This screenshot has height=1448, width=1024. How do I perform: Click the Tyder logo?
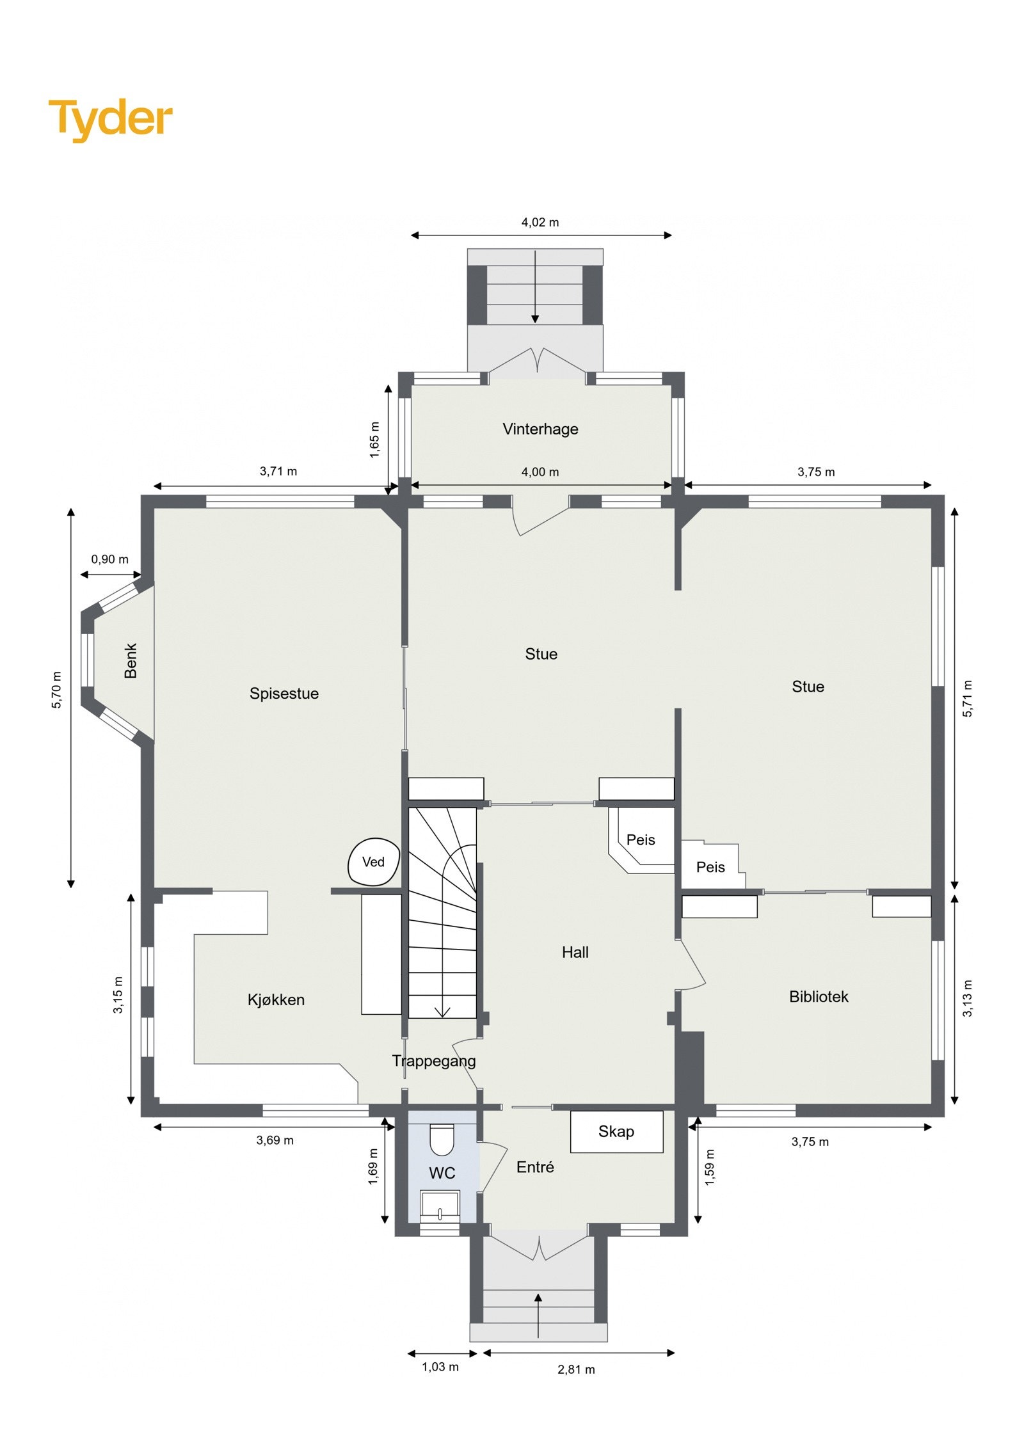[110, 119]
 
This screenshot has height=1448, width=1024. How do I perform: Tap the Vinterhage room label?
[540, 429]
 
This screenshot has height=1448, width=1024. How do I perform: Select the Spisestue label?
[284, 694]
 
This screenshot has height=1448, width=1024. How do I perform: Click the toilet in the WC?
[441, 1140]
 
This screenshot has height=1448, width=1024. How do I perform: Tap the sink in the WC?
[440, 1205]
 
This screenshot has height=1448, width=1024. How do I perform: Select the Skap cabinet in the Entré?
[616, 1132]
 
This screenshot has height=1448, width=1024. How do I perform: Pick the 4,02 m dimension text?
[540, 223]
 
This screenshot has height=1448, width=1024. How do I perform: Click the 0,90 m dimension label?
[109, 559]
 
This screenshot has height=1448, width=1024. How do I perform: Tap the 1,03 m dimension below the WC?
[440, 1367]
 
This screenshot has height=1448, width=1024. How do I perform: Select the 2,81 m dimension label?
[575, 1369]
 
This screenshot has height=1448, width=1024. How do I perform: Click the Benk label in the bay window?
[131, 661]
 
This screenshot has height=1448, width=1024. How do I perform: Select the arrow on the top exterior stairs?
[535, 288]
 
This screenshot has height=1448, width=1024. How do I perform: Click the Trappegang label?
[433, 1061]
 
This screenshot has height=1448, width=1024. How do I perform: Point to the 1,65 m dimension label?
[374, 440]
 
